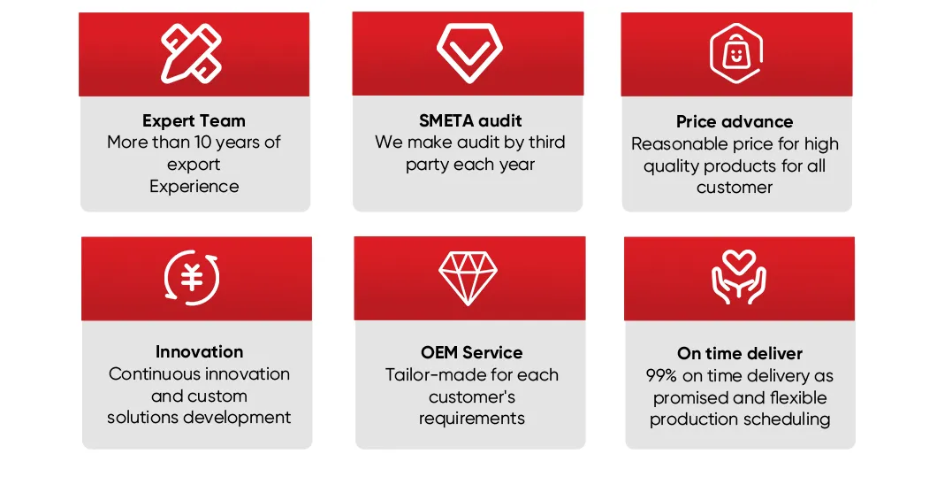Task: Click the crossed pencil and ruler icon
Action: [x=191, y=54]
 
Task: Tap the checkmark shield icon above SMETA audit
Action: [x=469, y=53]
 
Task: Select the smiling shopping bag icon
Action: [x=735, y=54]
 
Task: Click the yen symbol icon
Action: [x=192, y=278]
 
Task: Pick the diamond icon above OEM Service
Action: [x=468, y=278]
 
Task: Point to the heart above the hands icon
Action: [x=739, y=262]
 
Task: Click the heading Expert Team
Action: [x=194, y=121]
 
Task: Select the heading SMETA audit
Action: [x=470, y=120]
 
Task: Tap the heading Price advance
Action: [x=735, y=121]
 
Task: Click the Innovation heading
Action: [x=199, y=351]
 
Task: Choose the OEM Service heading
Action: [x=471, y=352]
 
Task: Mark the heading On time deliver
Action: [x=740, y=354]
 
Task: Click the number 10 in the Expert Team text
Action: [x=204, y=142]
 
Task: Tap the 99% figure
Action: [x=661, y=376]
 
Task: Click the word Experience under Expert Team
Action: [x=194, y=186]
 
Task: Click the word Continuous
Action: [x=152, y=374]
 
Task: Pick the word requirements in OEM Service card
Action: [x=471, y=419]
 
